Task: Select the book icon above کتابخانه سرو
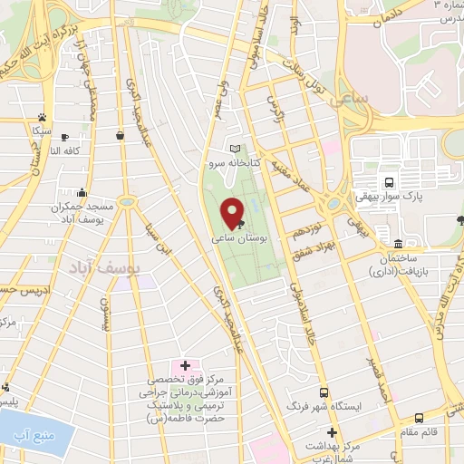[x=237, y=150]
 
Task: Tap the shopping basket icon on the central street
[x=120, y=135]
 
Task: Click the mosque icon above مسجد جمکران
[x=82, y=192]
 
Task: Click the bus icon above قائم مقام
[x=419, y=418]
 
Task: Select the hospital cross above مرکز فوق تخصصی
[x=185, y=364]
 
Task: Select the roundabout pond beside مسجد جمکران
[x=126, y=201]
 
